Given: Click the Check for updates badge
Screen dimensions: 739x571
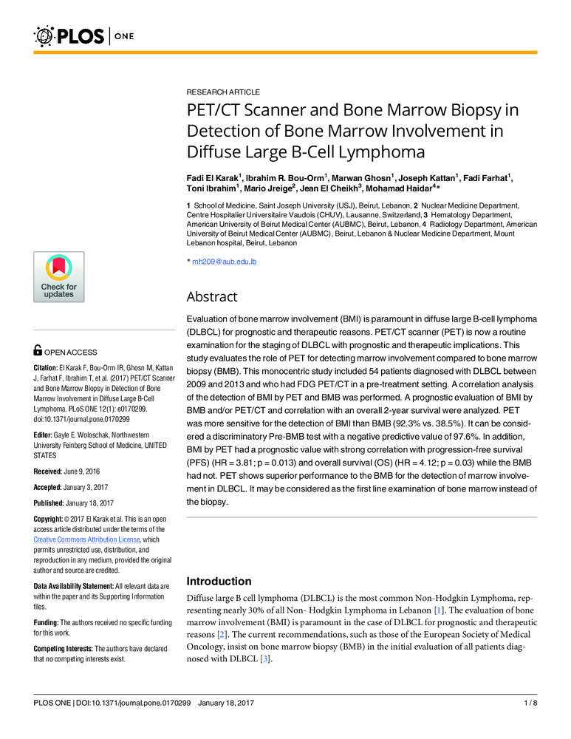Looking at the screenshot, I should tap(58, 276).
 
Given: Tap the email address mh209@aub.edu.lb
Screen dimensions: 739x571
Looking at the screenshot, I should tap(224, 261).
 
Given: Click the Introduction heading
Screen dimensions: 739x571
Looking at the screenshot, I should tap(219, 581).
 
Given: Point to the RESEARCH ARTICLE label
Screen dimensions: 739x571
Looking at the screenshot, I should tap(222, 92).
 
